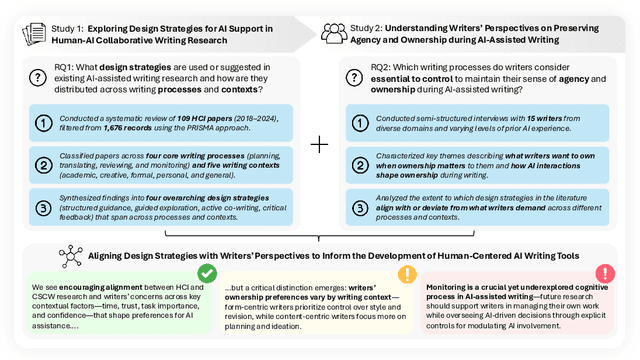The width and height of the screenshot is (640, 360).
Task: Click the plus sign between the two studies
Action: coord(319,144)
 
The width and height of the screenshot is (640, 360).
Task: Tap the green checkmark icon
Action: coord(207,272)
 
